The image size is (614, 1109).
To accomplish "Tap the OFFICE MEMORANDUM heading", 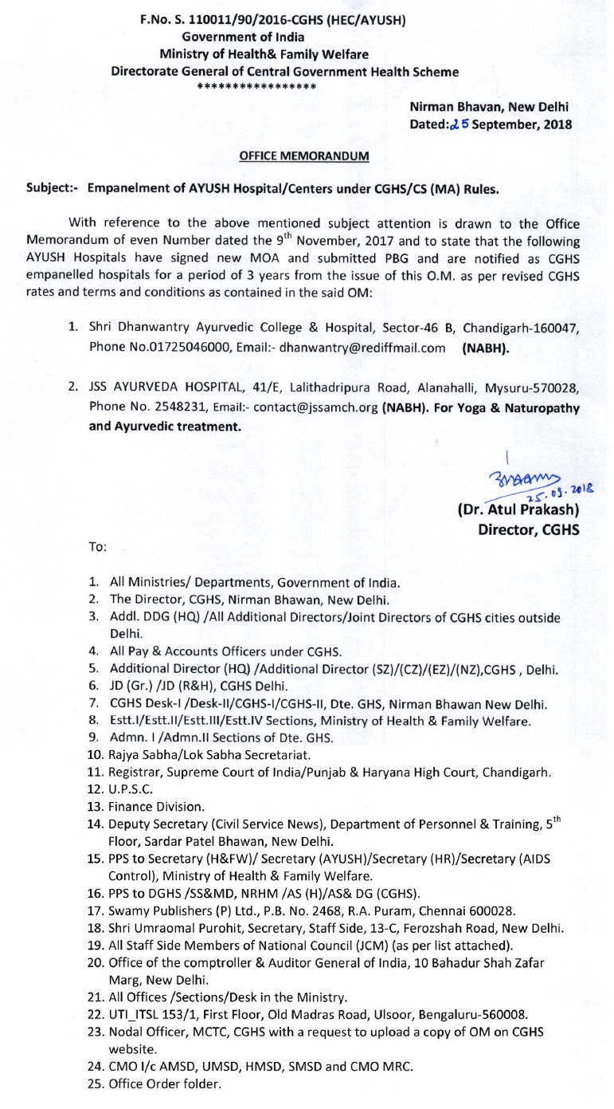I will (304, 156).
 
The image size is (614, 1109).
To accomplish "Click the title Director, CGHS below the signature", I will (528, 529).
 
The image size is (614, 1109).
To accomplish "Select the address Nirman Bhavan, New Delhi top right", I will (489, 106).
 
